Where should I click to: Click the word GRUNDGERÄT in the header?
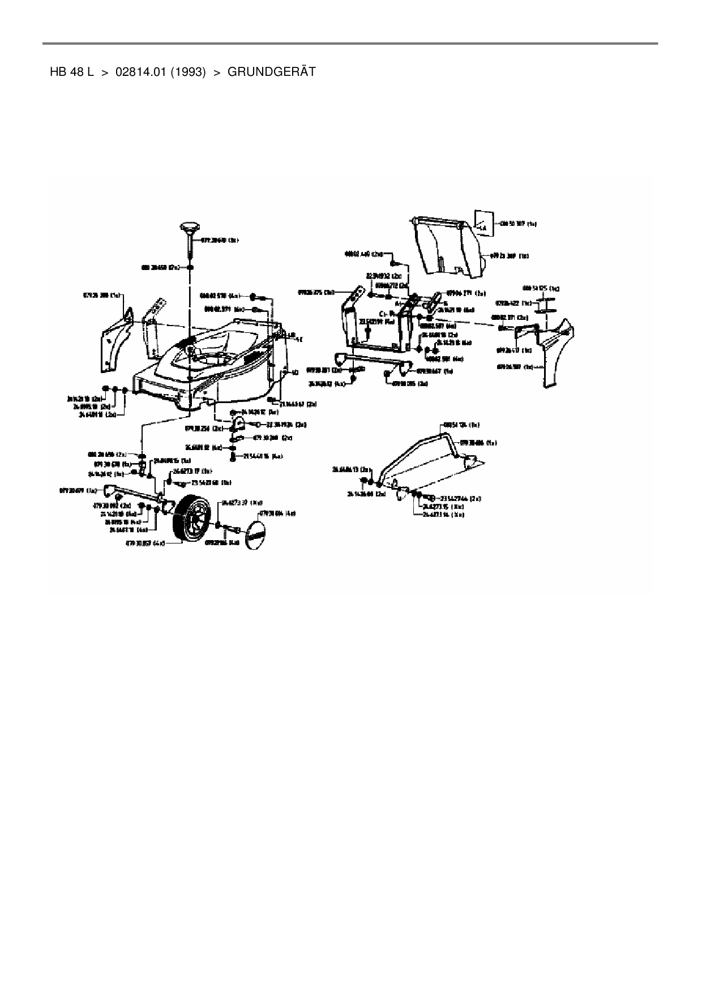coord(271,72)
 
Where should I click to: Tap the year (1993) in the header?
coord(187,72)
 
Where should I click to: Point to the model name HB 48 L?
coord(71,72)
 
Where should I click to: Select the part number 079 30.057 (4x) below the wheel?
coord(147,542)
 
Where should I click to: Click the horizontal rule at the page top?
coord(350,44)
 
